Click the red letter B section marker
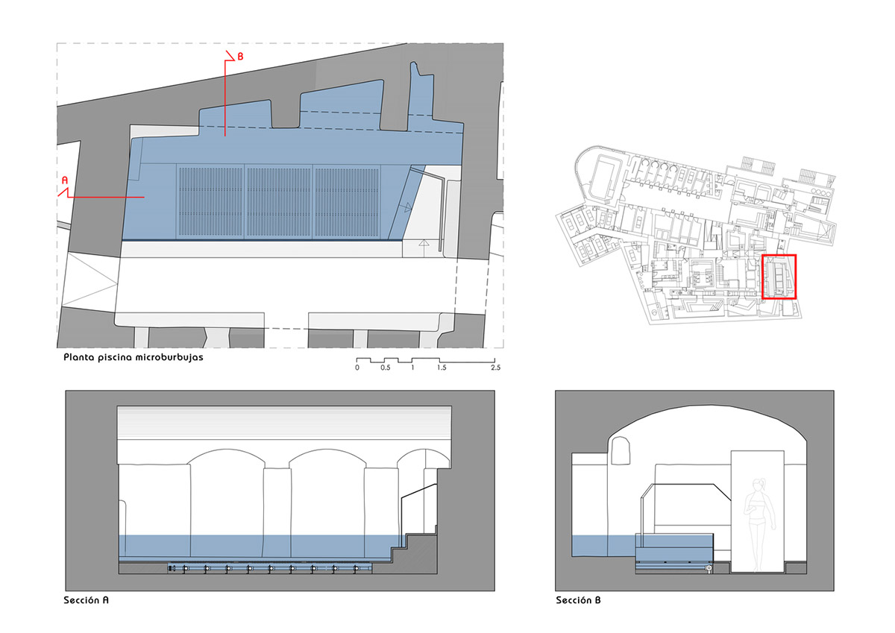tap(240, 57)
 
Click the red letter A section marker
tap(65, 180)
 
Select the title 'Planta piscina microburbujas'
tap(134, 357)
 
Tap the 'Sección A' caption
tap(86, 600)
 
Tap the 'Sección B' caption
tap(578, 600)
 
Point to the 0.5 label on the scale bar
tap(385, 368)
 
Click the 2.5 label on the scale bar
tap(495, 368)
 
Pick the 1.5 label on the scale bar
tap(442, 368)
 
